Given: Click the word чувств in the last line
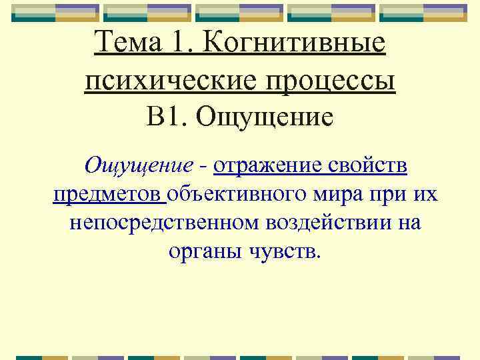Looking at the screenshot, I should (285, 251).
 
